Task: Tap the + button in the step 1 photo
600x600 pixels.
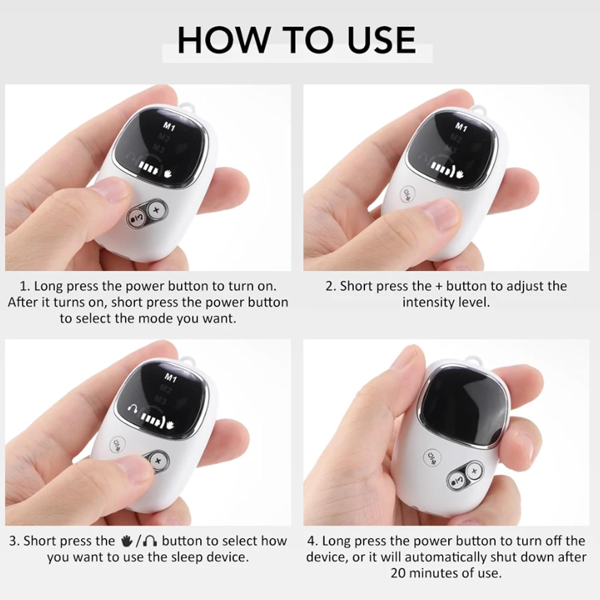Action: point(156,209)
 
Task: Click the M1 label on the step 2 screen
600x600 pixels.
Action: point(461,127)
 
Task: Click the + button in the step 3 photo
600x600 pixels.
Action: point(158,460)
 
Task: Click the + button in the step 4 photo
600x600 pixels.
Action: point(474,471)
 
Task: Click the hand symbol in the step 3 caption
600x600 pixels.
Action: point(127,542)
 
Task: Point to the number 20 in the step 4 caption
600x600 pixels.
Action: point(398,573)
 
